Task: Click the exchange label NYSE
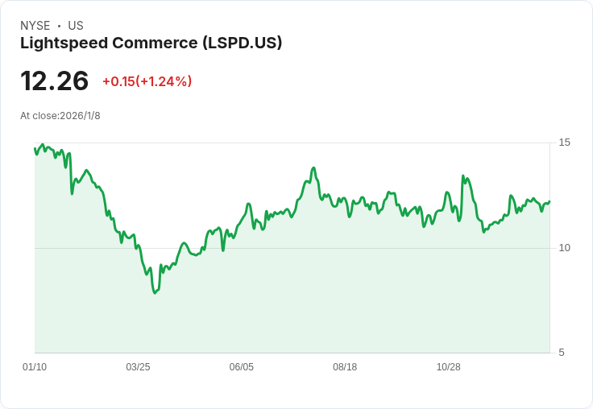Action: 35,26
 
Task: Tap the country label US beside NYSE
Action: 76,26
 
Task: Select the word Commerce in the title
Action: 155,43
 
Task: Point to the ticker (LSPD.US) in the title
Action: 242,43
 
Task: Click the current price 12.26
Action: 55,81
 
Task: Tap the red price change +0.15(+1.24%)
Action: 147,81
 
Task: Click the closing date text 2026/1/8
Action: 81,116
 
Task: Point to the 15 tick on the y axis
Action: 564,143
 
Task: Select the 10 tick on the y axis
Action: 564,248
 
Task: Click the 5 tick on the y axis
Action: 562,353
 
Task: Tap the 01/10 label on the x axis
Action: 35,367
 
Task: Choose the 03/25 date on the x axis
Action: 138,367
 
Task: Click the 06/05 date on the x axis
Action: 241,367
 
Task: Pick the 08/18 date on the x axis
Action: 345,367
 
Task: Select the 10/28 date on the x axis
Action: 449,367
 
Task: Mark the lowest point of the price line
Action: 155,293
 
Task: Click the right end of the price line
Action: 549,201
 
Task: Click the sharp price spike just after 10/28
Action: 462,176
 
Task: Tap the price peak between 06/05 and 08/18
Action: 313,167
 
